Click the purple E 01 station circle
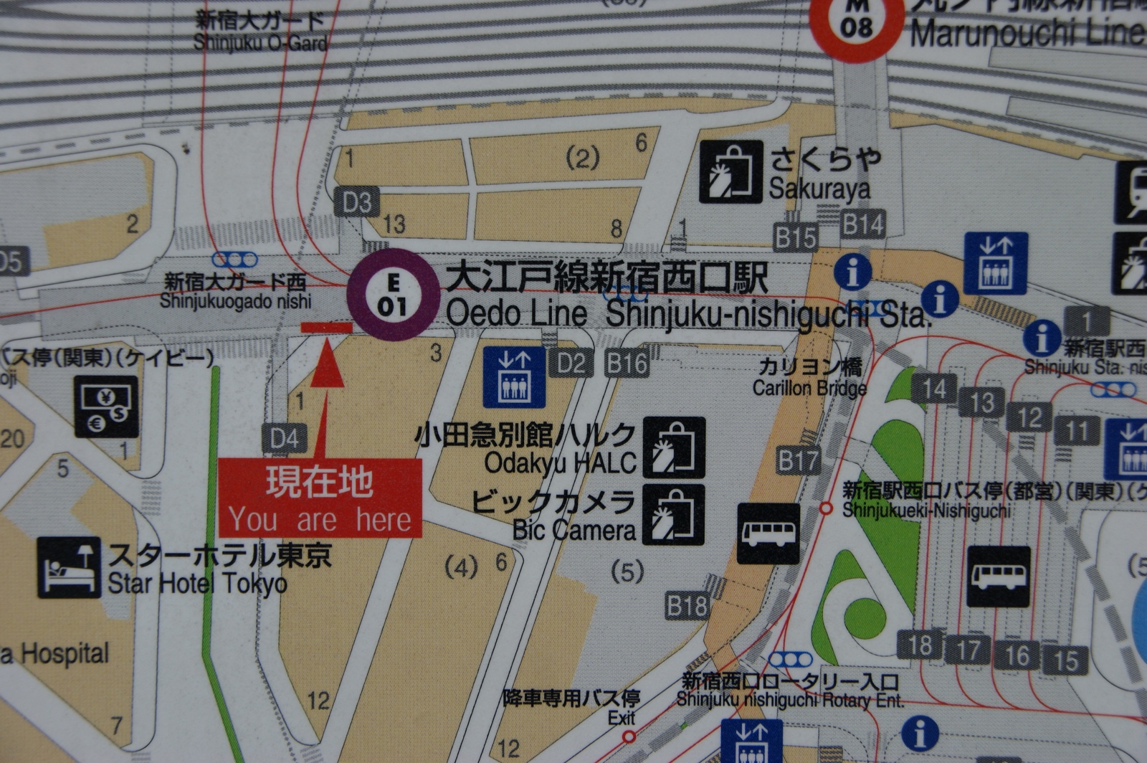(393, 295)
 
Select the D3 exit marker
(357, 203)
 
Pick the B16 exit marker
(627, 364)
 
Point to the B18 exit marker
(687, 607)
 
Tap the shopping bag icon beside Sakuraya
(730, 172)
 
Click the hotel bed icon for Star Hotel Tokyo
(69, 567)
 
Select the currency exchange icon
(107, 407)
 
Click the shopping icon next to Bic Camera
(673, 515)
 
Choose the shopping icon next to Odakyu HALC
(673, 447)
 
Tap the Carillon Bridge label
(809, 377)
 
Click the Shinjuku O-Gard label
(260, 32)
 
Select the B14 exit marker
(862, 224)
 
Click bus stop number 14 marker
(934, 389)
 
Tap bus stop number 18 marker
(920, 645)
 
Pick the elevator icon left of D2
(514, 377)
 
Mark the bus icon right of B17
(768, 534)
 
